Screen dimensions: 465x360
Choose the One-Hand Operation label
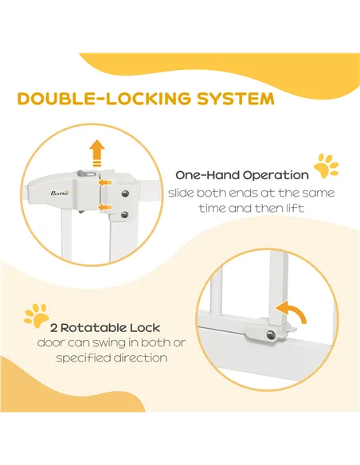(243, 175)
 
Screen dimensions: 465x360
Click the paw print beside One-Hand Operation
(326, 166)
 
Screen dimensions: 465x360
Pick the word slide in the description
(183, 193)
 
